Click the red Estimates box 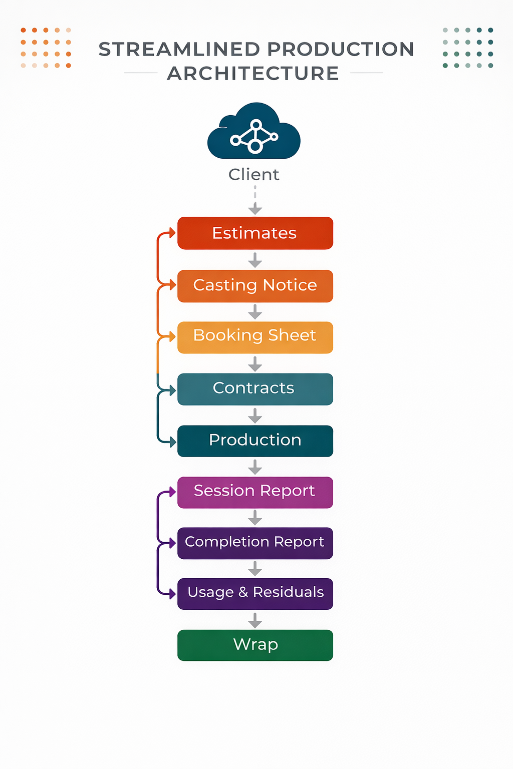click(x=255, y=233)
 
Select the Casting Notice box click(x=255, y=286)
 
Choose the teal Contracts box click(x=255, y=389)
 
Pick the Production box click(x=255, y=441)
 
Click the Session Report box click(x=255, y=492)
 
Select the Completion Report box click(x=255, y=543)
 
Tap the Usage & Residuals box click(x=255, y=594)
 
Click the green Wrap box click(x=255, y=645)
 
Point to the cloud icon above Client click(x=254, y=132)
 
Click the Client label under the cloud click(x=254, y=175)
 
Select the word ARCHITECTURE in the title click(x=253, y=74)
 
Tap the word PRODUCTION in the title click(x=341, y=50)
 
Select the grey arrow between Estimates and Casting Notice click(x=255, y=260)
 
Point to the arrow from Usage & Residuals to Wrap click(x=255, y=620)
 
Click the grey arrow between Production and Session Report click(x=255, y=467)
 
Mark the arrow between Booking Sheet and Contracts click(x=255, y=363)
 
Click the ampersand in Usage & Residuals click(x=243, y=592)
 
